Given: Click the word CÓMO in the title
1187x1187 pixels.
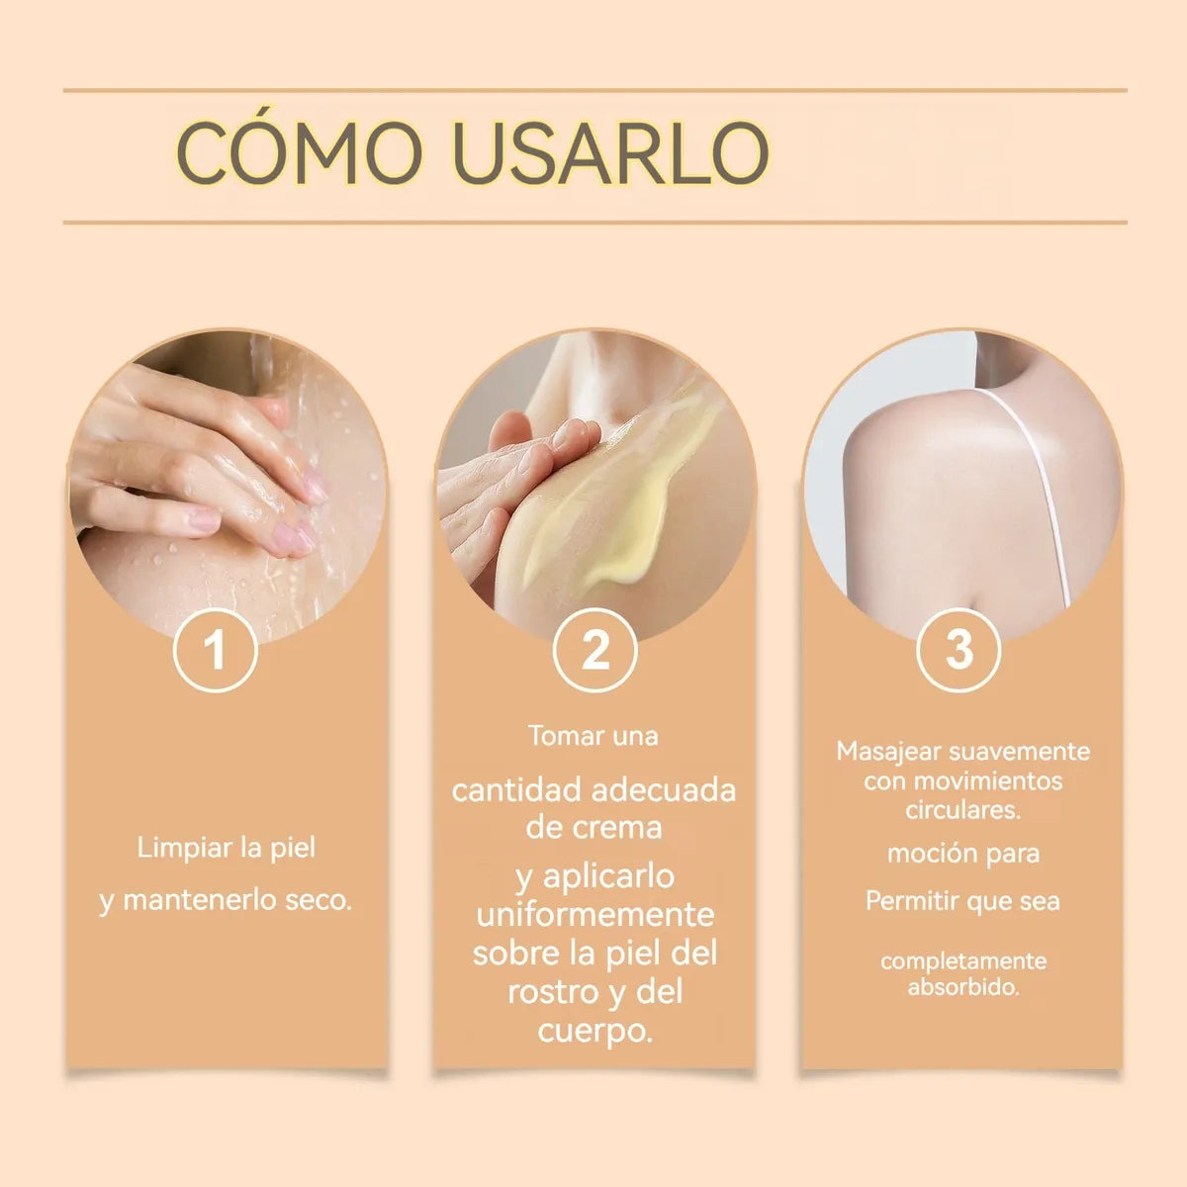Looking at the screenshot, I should point(300,153).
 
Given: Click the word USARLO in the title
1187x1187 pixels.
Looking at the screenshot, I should point(610,153).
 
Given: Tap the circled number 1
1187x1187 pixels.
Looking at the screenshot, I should point(215,651).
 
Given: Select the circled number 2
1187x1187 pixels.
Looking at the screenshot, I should point(594,651).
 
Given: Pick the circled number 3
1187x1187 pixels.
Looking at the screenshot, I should point(959,651).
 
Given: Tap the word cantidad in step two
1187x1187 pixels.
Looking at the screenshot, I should point(515,790).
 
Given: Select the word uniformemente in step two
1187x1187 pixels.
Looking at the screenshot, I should point(594,913).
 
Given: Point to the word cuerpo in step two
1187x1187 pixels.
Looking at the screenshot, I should point(594,1031).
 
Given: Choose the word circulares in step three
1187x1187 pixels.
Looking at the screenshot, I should point(962,809).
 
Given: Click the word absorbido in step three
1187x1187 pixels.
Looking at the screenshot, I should point(962,987).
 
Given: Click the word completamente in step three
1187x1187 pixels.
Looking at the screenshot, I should point(962,960).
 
